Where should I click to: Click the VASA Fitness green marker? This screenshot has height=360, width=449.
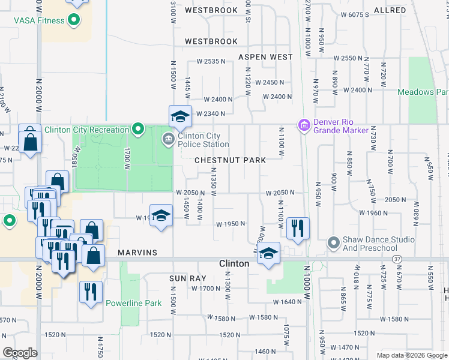[x=74, y=20]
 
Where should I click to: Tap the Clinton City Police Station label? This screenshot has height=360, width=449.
[x=203, y=140]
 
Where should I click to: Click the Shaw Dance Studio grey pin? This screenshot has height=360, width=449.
[x=334, y=243]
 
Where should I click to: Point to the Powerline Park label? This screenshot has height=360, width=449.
[x=133, y=303]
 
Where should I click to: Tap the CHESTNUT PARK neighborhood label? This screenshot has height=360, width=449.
[x=238, y=160]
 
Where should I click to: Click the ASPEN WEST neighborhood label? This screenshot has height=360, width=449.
[x=265, y=57]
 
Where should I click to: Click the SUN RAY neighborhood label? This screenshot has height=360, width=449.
[x=187, y=278]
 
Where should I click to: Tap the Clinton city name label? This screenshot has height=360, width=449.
[x=234, y=263]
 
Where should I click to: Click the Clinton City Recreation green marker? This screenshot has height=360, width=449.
[x=137, y=129]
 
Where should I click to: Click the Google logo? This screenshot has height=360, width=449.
[x=20, y=353]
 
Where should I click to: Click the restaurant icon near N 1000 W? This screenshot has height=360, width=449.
[x=298, y=228]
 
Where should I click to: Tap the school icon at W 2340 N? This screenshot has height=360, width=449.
[x=179, y=116]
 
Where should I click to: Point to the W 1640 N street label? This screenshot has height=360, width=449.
[x=287, y=302]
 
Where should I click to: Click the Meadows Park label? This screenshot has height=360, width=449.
[x=423, y=92]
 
